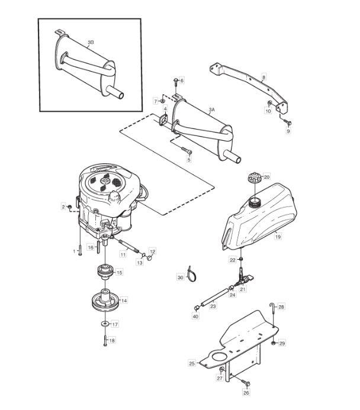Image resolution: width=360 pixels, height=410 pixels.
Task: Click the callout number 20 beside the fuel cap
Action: [266, 177]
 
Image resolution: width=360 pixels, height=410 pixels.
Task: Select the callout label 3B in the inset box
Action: [91, 43]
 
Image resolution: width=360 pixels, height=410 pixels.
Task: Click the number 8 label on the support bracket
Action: [263, 78]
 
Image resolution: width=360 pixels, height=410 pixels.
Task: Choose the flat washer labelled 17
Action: [105, 324]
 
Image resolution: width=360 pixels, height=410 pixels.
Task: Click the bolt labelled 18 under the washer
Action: [105, 341]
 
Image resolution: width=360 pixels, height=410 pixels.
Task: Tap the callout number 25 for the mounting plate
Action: [192, 363]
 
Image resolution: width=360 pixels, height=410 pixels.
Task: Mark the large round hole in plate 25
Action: [219, 357]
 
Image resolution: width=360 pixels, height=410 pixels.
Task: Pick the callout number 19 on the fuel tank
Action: [278, 237]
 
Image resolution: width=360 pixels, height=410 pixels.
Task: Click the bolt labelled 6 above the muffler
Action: [176, 81]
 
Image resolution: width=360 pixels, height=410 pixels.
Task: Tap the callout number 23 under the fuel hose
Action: [213, 306]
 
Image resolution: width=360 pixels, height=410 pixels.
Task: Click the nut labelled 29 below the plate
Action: [274, 343]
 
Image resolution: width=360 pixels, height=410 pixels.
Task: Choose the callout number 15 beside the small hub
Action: [119, 273]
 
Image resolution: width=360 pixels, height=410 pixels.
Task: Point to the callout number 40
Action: [195, 316]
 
